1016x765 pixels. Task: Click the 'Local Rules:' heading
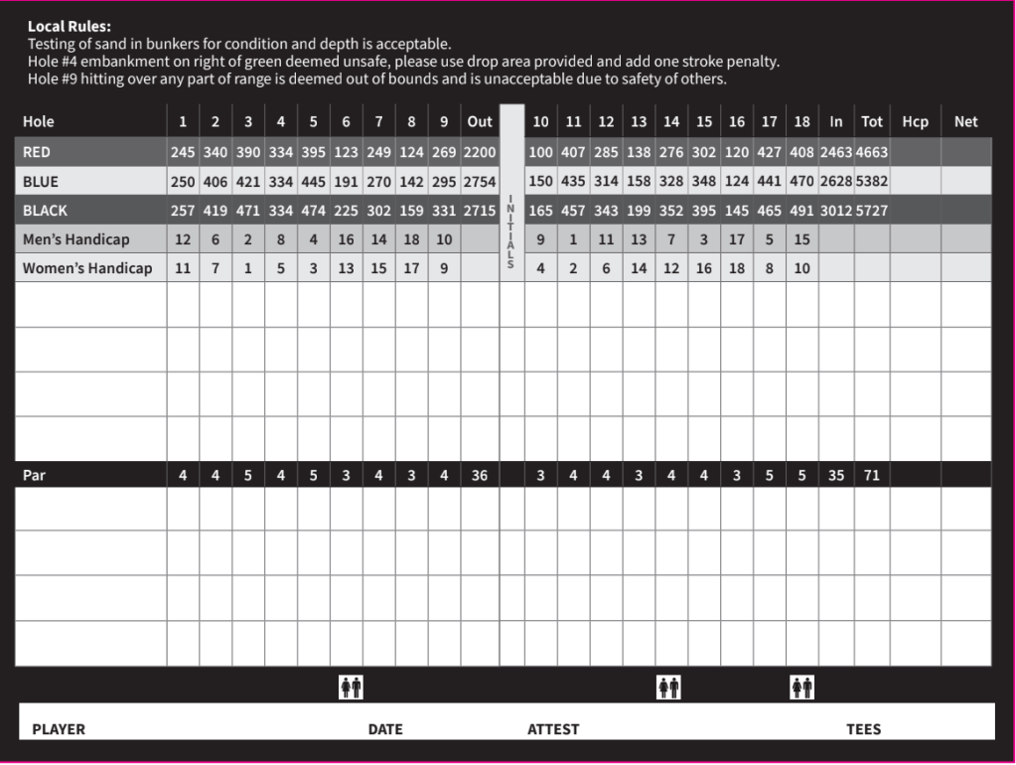click(70, 27)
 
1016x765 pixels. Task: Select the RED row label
click(37, 153)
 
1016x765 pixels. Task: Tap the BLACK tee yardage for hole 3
click(248, 211)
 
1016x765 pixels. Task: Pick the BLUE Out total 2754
click(480, 182)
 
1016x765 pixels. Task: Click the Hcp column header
click(915, 121)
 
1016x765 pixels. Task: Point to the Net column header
click(965, 121)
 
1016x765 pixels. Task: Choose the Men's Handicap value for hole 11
click(573, 239)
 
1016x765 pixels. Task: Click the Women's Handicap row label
click(87, 268)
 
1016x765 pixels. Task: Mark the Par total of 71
click(871, 475)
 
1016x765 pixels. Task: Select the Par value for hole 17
click(770, 475)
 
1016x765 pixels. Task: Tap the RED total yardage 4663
click(871, 153)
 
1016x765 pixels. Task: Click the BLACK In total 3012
click(836, 211)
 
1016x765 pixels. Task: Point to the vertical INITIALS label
click(510, 230)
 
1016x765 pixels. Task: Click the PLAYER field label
click(59, 729)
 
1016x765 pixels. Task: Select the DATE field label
click(385, 729)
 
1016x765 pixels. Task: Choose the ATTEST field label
click(553, 729)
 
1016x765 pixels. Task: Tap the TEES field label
click(863, 729)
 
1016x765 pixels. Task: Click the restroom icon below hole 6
click(351, 687)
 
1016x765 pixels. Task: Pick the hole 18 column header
click(802, 121)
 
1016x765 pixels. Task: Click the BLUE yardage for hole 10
click(540, 182)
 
